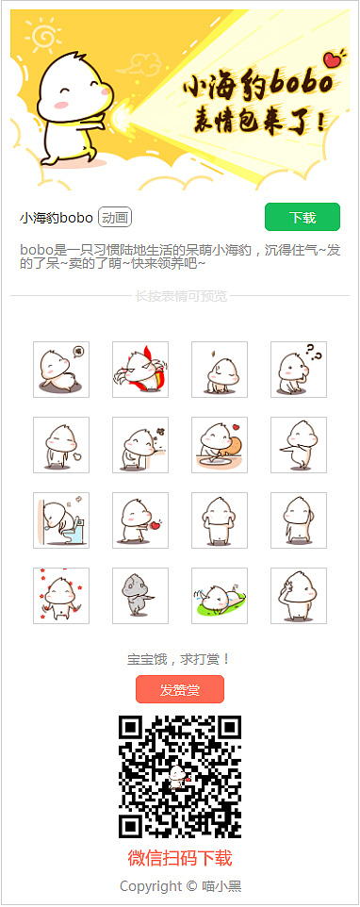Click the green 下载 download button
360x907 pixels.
(302, 218)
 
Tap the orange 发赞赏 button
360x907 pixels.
(179, 690)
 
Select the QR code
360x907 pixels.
(179, 777)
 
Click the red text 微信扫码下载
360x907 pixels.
(179, 858)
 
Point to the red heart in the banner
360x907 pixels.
(331, 59)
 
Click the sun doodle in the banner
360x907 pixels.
(43, 37)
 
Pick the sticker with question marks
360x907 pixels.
(299, 369)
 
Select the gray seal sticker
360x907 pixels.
(140, 595)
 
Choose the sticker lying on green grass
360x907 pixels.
(220, 595)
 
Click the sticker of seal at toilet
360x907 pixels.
(61, 519)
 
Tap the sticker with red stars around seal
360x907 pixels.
(61, 595)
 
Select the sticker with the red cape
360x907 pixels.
(140, 369)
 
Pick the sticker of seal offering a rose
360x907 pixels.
(140, 519)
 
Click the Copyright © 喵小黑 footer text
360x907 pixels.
(179, 886)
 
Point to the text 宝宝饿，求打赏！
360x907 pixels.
(179, 658)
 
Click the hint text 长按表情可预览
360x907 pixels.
(180, 296)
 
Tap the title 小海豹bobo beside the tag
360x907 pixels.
(56, 218)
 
